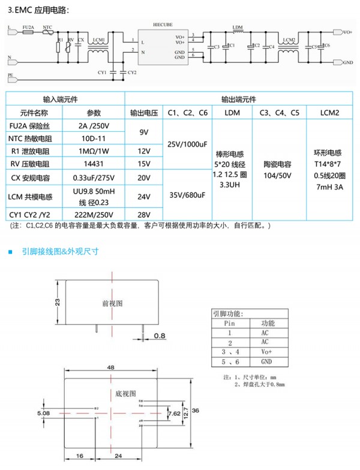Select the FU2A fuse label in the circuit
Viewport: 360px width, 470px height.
pos(28,27)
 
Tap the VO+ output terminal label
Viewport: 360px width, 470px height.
pos(347,32)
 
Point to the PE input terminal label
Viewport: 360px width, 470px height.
pos(10,75)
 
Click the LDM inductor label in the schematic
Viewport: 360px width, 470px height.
pos(238,28)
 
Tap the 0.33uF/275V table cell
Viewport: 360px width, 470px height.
pos(93,178)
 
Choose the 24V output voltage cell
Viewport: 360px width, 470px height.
pos(143,196)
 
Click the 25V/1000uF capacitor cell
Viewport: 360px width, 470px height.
pos(187,144)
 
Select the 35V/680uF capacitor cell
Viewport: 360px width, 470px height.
pos(187,195)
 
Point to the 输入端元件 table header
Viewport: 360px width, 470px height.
pos(65,98)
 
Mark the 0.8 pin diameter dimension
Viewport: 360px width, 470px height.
pos(160,336)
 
